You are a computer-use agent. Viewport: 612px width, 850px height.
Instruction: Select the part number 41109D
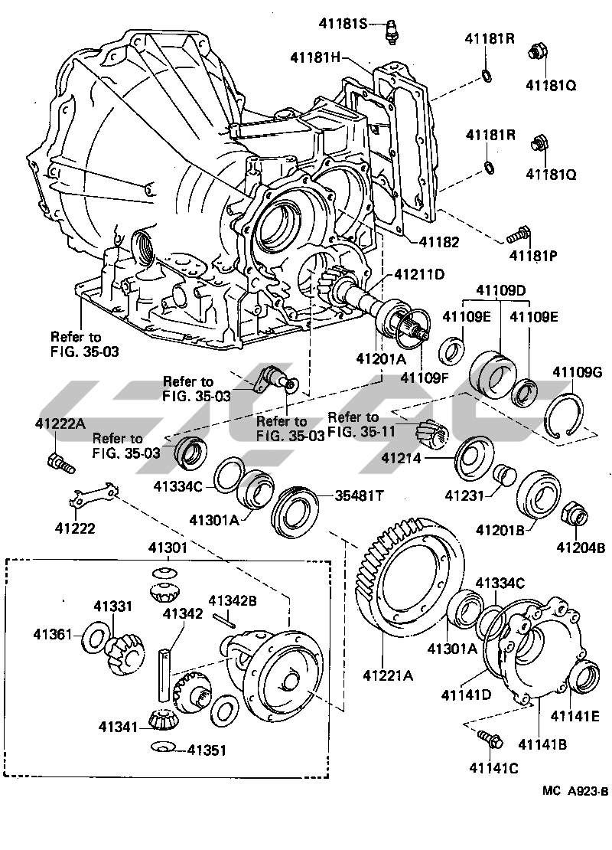tap(501, 290)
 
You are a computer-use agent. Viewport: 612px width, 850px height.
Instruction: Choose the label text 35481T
tap(359, 495)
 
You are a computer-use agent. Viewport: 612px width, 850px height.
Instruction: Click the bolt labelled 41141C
tap(488, 739)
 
